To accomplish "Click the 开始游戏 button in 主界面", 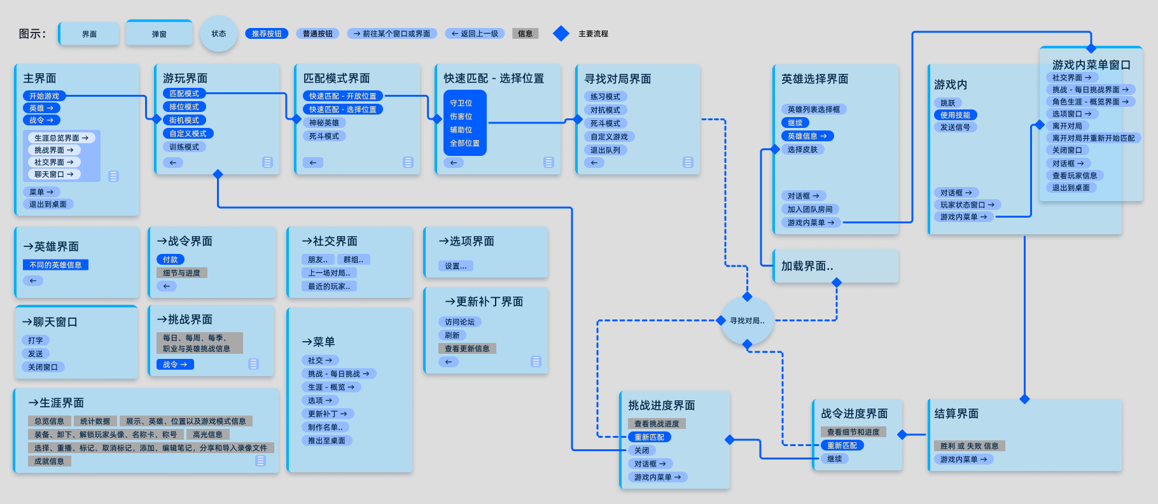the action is (44, 96).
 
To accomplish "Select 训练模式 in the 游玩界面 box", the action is (184, 147).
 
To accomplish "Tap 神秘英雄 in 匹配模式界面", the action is (324, 123).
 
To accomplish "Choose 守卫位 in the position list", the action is (461, 103).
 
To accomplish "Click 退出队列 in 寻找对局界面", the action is (605, 150).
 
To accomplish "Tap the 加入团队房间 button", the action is (810, 209).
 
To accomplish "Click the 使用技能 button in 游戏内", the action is (956, 115).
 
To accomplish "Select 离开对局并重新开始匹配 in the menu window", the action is (1093, 138).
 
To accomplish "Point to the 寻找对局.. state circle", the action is (747, 321).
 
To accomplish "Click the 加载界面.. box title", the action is (807, 266).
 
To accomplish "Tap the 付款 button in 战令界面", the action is (171, 260).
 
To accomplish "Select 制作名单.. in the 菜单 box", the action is (326, 427).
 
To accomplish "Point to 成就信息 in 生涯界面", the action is (50, 461).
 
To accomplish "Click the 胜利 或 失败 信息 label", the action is (969, 446).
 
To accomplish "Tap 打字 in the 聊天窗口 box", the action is (36, 340).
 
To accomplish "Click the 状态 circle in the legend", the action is (219, 34).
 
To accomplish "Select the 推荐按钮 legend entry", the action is (267, 34).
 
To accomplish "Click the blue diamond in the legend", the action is (561, 34).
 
